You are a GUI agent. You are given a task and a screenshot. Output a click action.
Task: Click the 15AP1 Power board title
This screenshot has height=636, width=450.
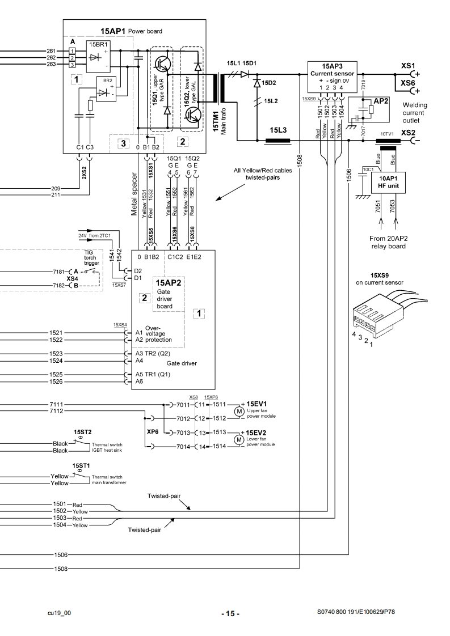(x=131, y=31)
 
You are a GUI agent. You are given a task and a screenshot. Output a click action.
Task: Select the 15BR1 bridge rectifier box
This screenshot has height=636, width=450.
(x=98, y=56)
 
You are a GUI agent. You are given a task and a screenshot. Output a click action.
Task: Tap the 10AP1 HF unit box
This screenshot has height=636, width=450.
(x=389, y=183)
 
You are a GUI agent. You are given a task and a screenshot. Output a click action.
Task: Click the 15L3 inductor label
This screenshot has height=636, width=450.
(x=278, y=130)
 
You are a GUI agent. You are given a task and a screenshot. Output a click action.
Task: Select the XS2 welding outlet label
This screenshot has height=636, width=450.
(x=408, y=133)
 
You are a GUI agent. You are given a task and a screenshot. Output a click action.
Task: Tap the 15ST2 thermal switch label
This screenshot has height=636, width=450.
(x=82, y=432)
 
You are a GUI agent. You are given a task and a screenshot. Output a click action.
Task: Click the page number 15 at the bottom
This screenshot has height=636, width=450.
(x=230, y=614)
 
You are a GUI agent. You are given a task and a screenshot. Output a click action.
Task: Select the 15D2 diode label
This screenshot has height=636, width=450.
(x=268, y=83)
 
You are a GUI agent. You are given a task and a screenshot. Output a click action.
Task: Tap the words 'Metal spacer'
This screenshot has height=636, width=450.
(x=134, y=194)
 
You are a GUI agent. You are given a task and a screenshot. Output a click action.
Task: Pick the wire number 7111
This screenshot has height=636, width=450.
(x=56, y=404)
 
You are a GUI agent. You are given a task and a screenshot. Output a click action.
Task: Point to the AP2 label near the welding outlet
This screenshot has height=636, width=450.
(x=381, y=101)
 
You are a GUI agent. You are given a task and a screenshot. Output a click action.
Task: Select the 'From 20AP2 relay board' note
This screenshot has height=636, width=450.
(x=388, y=242)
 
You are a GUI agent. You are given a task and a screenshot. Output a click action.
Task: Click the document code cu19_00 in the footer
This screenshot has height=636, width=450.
(x=59, y=613)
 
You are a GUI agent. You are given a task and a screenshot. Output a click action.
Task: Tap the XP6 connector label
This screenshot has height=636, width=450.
(x=152, y=432)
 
